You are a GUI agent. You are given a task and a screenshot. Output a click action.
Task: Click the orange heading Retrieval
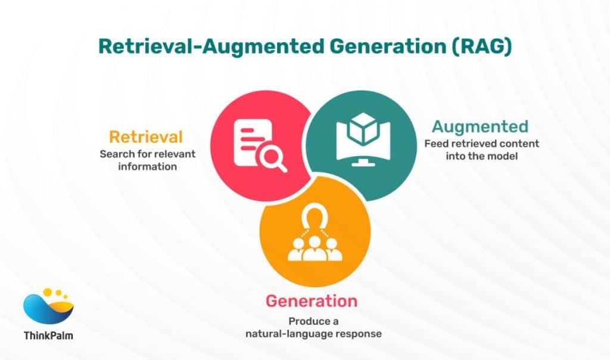point(145,137)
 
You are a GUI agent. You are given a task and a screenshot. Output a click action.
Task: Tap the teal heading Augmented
point(480,126)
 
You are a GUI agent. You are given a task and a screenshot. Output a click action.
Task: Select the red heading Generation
point(312,301)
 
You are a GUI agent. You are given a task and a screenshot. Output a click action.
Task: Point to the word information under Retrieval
point(147,166)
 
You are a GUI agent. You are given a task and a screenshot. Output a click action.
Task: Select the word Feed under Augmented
point(435,144)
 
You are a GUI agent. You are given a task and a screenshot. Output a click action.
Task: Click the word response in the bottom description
point(356,334)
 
